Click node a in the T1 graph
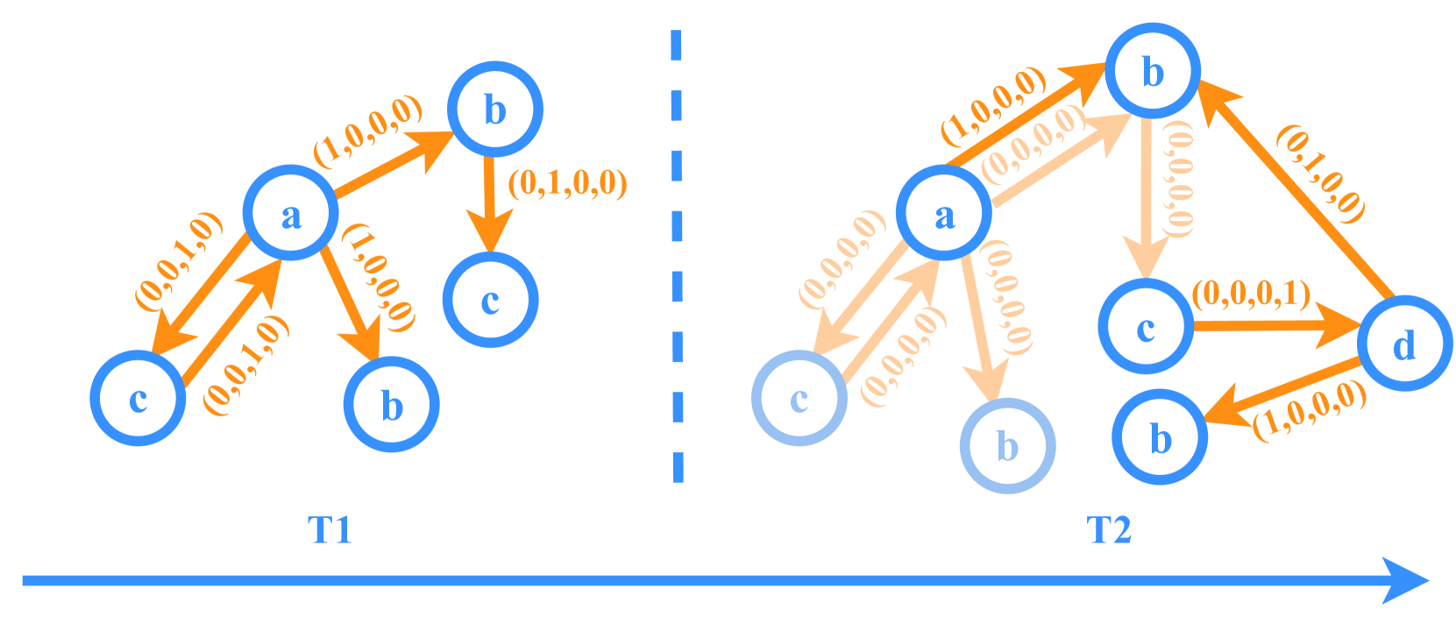(x=290, y=213)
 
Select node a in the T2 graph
(x=944, y=213)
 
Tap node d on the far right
(x=1404, y=344)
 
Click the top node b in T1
(x=495, y=110)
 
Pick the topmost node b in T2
(x=1152, y=71)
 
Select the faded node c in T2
(x=799, y=399)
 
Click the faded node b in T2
(x=1007, y=445)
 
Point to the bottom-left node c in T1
(x=138, y=398)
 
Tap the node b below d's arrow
(x=1160, y=437)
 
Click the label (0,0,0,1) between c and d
(x=1252, y=294)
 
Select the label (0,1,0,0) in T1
(x=568, y=183)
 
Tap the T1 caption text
(x=330, y=530)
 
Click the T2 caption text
(x=1109, y=530)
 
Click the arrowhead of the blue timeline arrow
(x=1407, y=580)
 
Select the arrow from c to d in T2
(x=1275, y=327)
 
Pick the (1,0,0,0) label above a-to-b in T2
(x=994, y=106)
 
